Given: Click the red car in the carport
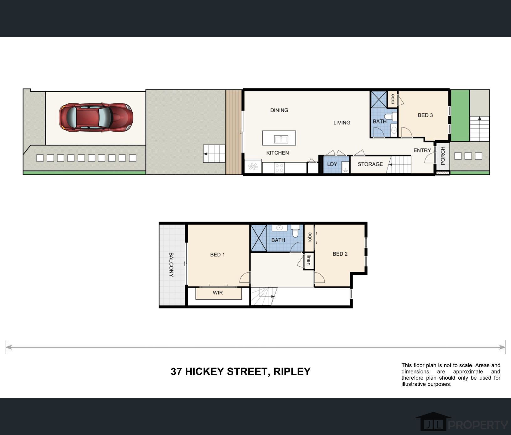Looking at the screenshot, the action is pos(96,117).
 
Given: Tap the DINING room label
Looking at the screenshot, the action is pos(279,110).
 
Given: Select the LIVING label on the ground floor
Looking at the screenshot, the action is pos(342,123).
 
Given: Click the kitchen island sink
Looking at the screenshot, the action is pos(281,139).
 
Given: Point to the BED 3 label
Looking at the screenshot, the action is pos(425,115).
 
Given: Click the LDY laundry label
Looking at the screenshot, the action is pos(332,164).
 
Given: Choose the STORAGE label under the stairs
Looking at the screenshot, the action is pos(370,164).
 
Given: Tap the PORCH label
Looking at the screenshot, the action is pos(443,156).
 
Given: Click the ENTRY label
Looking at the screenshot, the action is pos(422,150).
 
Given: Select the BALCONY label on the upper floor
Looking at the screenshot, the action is pos(171,265).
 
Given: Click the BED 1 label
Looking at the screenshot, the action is pos(217,255).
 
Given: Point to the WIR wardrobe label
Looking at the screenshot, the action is pos(218,293).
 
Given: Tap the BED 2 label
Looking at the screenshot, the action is pos(340,254).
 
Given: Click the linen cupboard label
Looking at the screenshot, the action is pos(309,260).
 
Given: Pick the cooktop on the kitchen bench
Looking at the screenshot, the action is pos(279,168).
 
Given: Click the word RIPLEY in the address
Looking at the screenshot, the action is pos(292,372).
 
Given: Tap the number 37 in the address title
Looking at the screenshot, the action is pos(176,372).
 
